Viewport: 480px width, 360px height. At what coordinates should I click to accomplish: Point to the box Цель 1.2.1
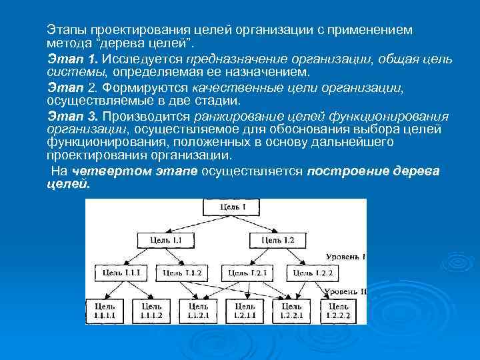tap(247, 272)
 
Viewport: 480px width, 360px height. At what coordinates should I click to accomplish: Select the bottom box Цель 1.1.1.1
tap(105, 310)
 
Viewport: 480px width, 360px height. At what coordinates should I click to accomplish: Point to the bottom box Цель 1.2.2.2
tap(338, 310)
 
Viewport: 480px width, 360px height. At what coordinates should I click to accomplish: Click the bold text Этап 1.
tap(66, 60)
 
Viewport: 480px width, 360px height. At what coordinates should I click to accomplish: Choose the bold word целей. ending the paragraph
tap(68, 185)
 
